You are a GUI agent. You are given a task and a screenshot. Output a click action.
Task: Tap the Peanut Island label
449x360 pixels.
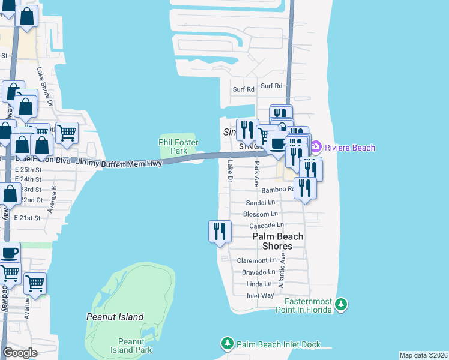click(x=115, y=317)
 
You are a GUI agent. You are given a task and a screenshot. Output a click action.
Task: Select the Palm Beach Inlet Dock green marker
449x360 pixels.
click(x=228, y=344)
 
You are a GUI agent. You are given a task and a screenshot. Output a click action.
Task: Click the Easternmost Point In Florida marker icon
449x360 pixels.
click(x=341, y=305)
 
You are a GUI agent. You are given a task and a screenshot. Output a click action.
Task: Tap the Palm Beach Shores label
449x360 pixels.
click(x=277, y=241)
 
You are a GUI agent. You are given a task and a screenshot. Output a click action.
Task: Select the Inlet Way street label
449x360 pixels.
click(x=260, y=296)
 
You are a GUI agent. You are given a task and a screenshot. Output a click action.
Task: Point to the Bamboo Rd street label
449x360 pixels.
click(x=276, y=190)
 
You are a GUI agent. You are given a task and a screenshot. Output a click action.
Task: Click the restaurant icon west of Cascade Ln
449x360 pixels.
click(x=220, y=231)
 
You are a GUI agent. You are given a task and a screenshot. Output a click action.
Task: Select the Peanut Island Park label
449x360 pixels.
click(x=127, y=345)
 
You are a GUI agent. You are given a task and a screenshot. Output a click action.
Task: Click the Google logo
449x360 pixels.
click(x=20, y=353)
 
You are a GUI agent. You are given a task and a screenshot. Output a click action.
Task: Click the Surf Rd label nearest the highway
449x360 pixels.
click(x=271, y=86)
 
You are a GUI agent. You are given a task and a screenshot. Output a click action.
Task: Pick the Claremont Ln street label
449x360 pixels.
click(x=256, y=260)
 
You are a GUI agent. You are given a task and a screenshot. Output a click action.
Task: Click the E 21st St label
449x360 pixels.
click(x=26, y=218)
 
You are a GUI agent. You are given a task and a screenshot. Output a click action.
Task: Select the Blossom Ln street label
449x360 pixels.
click(x=261, y=214)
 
